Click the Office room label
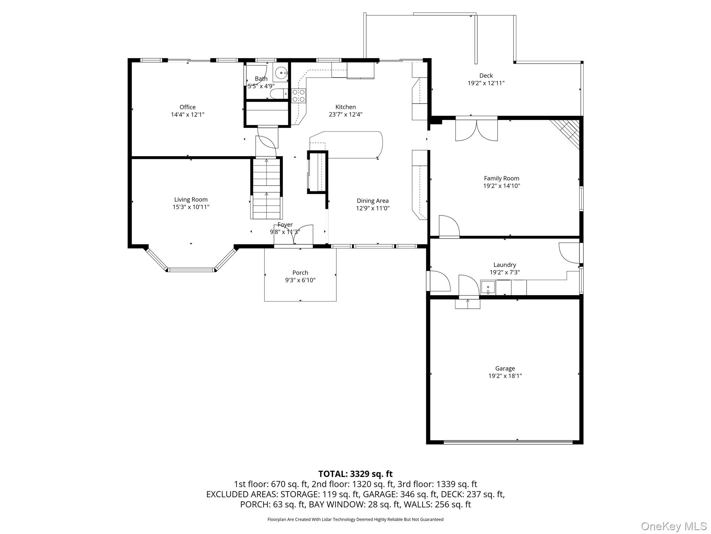click(x=187, y=107)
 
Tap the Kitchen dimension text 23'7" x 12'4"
click(x=345, y=114)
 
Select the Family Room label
click(x=501, y=178)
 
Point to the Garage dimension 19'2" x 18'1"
click(x=505, y=376)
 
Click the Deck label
click(x=486, y=75)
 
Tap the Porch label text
click(x=300, y=273)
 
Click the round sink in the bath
click(x=281, y=73)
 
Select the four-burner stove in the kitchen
click(x=299, y=96)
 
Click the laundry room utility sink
click(x=488, y=288)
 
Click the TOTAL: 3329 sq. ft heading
click(x=355, y=474)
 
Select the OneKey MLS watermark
click(x=674, y=526)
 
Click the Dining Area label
click(x=373, y=201)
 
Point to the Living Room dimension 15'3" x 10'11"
click(x=191, y=207)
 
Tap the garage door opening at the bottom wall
click(x=508, y=442)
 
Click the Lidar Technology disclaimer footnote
click(x=355, y=519)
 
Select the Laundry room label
click(x=504, y=265)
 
